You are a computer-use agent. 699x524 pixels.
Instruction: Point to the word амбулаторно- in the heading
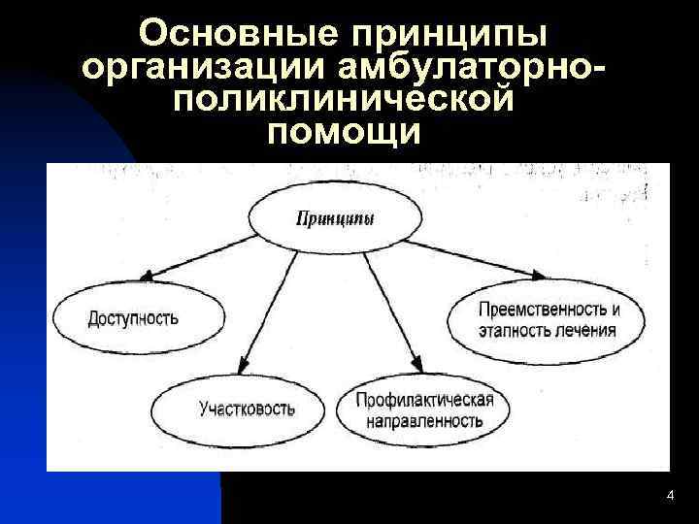473,69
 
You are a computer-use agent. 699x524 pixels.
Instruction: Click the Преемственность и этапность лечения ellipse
549,319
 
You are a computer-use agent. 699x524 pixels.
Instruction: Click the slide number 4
670,496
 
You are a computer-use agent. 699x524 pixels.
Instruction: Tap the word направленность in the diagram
425,422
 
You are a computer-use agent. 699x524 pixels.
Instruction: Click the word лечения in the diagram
585,330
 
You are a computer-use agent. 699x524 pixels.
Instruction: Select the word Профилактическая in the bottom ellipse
425,401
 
